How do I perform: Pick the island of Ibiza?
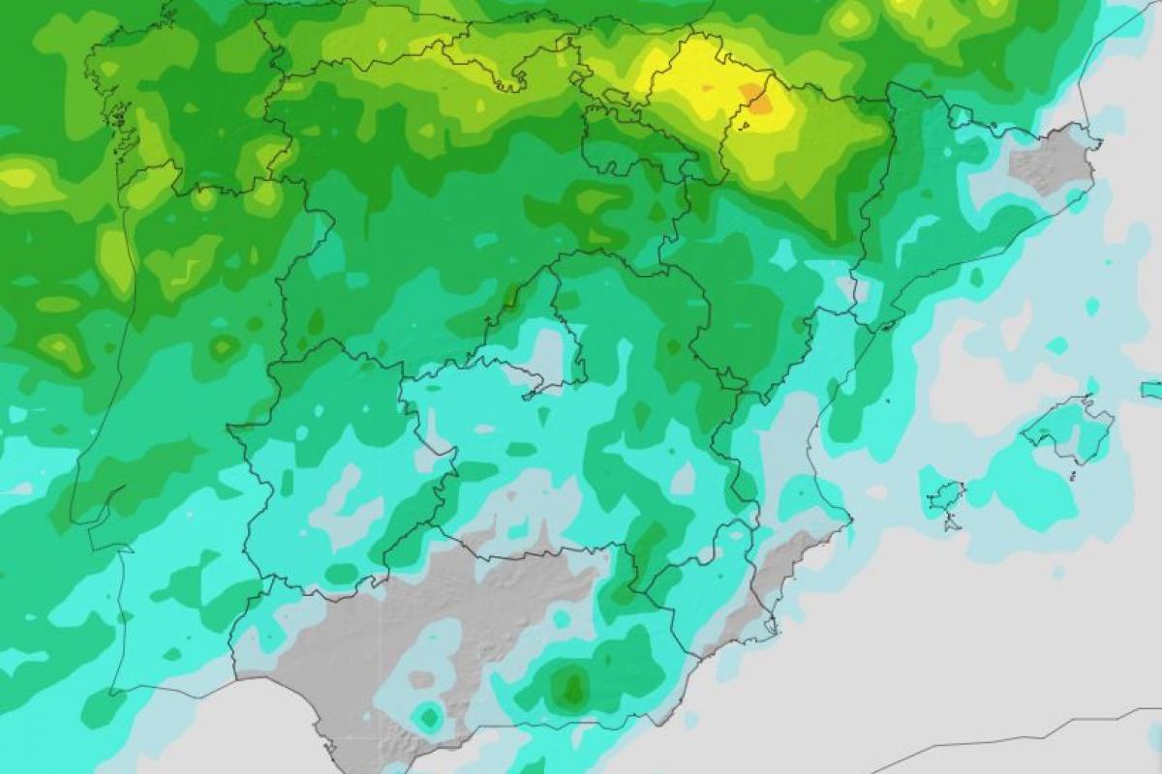[944, 496]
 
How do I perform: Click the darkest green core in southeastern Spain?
[571, 688]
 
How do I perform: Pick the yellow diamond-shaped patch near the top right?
[852, 19]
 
